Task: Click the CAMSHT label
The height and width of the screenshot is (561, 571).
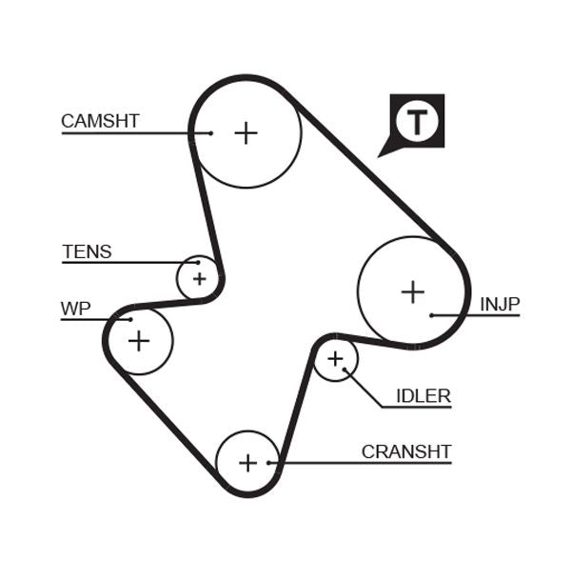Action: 100,121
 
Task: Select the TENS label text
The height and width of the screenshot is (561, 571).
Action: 87,252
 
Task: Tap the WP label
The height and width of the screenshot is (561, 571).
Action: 75,309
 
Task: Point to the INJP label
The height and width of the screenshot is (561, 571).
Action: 500,304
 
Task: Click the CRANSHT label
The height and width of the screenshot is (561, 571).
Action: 406,451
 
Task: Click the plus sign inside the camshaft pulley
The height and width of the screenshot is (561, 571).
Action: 246,132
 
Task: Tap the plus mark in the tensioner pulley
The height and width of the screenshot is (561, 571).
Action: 199,279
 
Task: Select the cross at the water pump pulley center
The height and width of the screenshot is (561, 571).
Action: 139,340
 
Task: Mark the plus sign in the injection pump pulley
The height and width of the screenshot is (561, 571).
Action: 412,291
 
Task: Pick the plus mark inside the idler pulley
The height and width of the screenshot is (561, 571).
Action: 335,359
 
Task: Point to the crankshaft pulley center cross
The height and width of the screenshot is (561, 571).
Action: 247,463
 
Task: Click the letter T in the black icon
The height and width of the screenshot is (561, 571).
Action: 417,122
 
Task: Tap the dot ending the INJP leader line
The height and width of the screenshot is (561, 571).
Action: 432,315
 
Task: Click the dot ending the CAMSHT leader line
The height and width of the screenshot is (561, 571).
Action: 210,133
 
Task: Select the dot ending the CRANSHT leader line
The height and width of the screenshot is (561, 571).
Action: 270,463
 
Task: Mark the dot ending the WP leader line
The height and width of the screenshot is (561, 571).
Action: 130,319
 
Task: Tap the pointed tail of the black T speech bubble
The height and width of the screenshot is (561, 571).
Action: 383,152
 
